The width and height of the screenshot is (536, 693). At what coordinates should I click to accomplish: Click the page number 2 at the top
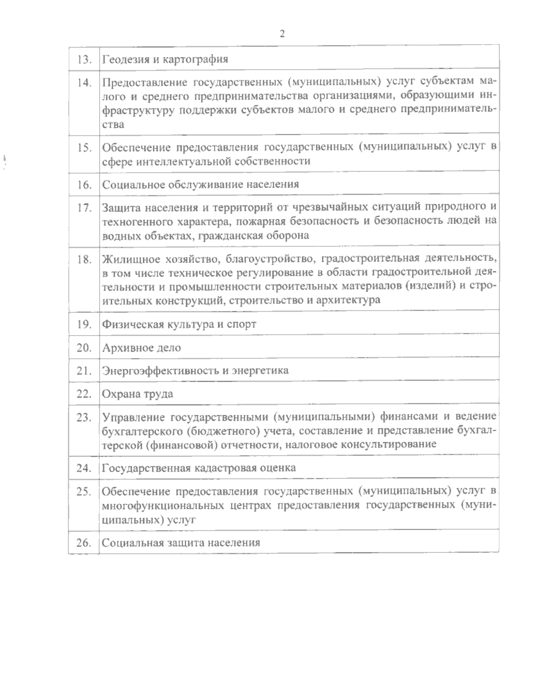coord(282,34)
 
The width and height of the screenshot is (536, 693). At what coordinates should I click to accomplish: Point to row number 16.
coord(84,184)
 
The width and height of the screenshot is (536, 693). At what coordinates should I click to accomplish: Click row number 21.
coord(84,370)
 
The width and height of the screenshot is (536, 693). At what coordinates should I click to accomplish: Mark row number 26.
coord(84,543)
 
